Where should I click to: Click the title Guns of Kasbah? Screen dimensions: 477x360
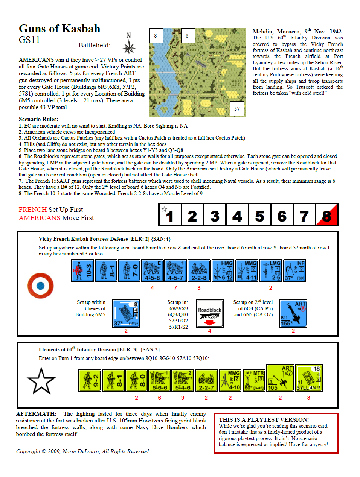(59, 29)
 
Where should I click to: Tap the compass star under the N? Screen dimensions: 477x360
(129, 47)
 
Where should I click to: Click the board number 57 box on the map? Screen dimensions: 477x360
(237, 109)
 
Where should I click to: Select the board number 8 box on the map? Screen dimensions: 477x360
(156, 36)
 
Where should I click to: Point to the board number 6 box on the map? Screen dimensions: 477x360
(187, 36)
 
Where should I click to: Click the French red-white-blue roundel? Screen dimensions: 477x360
(41, 286)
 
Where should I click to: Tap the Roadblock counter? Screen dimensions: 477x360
(210, 313)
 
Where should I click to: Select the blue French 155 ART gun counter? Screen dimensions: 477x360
(293, 313)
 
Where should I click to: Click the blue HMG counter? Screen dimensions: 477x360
(223, 270)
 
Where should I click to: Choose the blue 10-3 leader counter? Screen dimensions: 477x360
(82, 270)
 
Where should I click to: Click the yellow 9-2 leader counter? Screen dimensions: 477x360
(90, 380)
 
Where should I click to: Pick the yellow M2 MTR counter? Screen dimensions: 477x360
(254, 380)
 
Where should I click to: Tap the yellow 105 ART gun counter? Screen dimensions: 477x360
(280, 378)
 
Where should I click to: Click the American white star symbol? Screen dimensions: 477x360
(41, 381)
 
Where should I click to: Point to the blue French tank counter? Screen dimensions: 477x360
(126, 313)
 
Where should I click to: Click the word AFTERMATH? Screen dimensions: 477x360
(36, 414)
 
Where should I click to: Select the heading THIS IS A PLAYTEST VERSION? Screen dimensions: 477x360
(264, 419)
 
